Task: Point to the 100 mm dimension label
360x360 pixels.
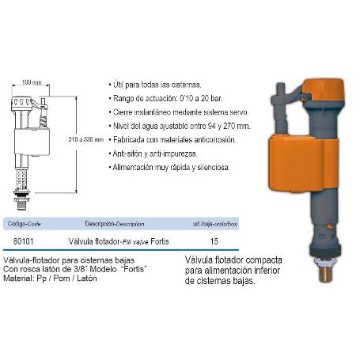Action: [x=32, y=81]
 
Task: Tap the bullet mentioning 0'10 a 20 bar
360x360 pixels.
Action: [x=158, y=97]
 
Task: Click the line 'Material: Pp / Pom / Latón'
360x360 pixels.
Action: [x=50, y=279]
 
